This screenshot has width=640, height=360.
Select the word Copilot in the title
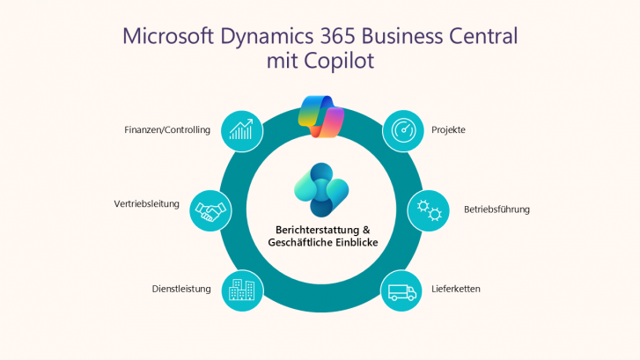(339, 62)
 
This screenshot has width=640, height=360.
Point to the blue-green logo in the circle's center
(320, 188)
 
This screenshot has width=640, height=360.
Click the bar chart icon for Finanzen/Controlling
(242, 130)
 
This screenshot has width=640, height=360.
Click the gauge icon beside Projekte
(402, 130)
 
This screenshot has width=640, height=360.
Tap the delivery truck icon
(401, 290)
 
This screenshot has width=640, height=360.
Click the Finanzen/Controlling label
(167, 130)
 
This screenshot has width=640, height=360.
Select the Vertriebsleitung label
(146, 203)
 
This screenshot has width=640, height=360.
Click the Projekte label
(448, 130)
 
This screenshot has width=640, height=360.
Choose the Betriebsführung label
(497, 209)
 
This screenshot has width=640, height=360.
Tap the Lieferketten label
(455, 289)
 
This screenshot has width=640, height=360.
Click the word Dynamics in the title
(264, 37)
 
